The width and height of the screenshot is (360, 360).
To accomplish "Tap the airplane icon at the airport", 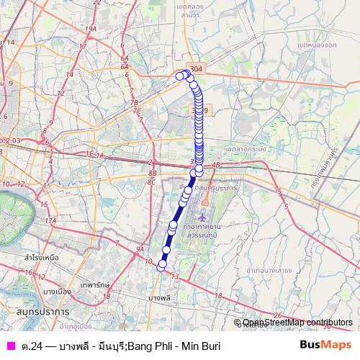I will click(204, 216).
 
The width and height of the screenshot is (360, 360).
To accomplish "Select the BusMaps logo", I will click(325, 346).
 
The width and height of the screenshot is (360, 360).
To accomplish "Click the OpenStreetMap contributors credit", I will click(296, 323).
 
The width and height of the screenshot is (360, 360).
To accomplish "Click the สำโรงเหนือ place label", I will click(42, 256).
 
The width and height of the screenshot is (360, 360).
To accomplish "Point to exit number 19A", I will click(91, 28).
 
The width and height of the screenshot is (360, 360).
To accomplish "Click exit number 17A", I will click(50, 220).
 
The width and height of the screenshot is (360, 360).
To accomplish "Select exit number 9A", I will click(139, 250).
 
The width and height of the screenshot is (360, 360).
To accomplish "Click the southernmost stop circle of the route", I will click(161, 265).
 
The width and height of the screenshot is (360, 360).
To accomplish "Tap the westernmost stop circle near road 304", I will click(179, 76).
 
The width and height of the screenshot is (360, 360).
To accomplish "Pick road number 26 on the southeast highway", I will click(279, 314).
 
